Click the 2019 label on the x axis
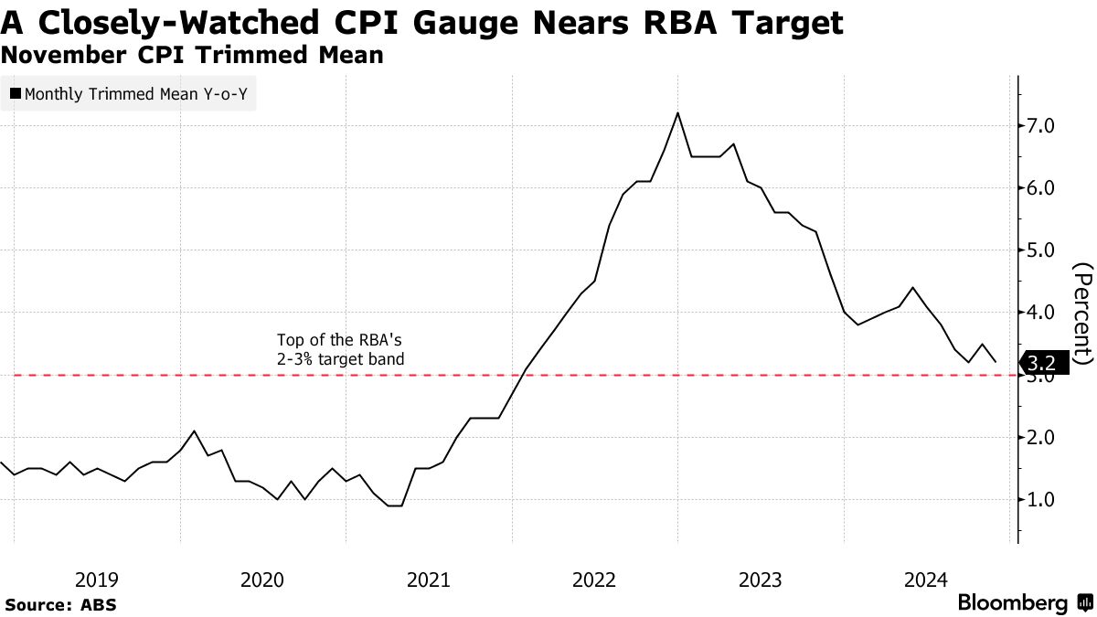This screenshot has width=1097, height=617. coord(96,579)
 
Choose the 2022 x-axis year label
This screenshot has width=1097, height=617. coord(594,579)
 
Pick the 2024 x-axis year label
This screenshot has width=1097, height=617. coord(925,579)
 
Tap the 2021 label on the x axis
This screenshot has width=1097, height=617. coord(428,579)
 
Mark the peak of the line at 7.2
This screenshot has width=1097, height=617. coord(677,112)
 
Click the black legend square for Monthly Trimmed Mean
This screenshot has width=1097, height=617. coord(16,93)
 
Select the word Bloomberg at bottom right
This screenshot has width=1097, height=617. coord(1012,603)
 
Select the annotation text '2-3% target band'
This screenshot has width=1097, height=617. coord(340,359)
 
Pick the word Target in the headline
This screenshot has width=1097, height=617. coord(785,23)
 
